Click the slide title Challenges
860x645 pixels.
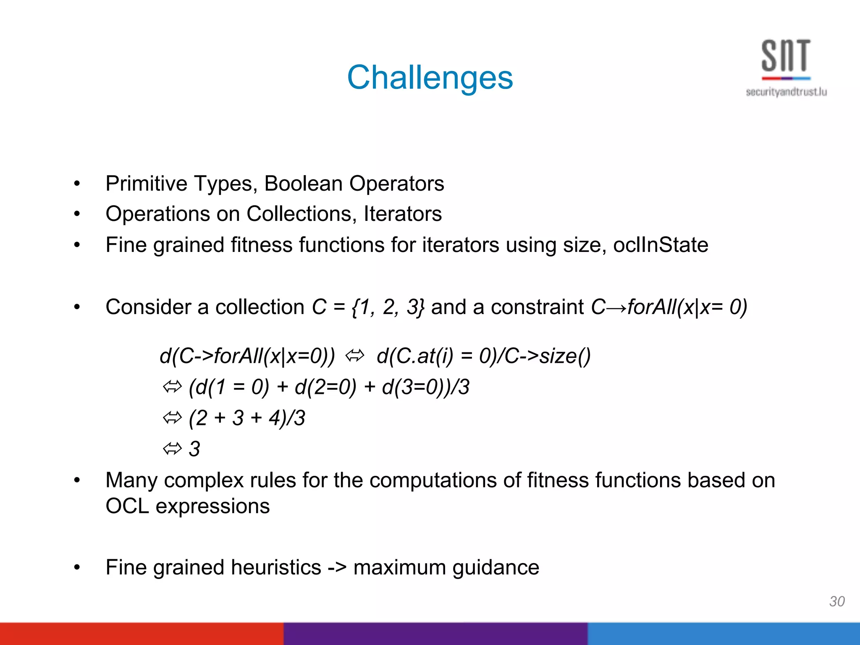click(430, 78)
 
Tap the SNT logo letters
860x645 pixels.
click(786, 56)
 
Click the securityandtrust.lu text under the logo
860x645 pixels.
click(786, 92)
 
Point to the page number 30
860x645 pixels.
click(836, 601)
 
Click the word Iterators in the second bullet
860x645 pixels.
click(402, 214)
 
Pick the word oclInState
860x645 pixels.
click(660, 245)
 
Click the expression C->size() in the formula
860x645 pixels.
click(547, 356)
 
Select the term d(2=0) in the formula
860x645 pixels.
click(325, 387)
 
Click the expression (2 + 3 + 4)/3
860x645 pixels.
click(247, 418)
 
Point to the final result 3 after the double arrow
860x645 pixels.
click(194, 449)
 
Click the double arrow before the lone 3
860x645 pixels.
click(172, 449)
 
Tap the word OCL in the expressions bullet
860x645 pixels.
click(127, 506)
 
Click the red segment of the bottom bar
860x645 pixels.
click(141, 634)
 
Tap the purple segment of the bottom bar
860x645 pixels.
click(435, 634)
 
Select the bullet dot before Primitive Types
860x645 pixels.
click(77, 184)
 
